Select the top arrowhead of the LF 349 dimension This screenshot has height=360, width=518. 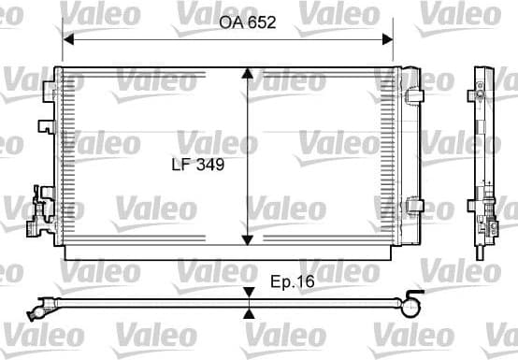coord(247,74)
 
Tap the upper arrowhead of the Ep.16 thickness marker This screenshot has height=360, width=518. coord(248,293)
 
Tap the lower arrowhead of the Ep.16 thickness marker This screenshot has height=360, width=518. coord(248,314)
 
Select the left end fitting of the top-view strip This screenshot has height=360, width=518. coord(40,305)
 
